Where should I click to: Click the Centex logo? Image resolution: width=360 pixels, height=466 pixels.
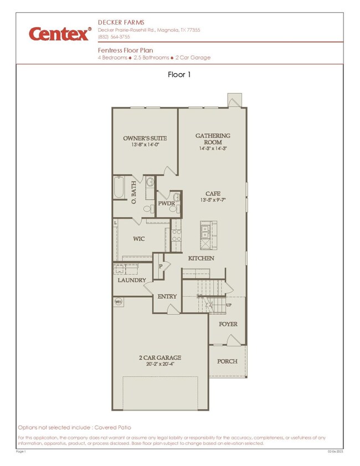tap(59, 34)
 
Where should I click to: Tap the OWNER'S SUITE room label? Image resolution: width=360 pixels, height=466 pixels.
tap(145, 138)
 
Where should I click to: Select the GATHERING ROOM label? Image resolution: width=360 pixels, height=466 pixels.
tap(213, 138)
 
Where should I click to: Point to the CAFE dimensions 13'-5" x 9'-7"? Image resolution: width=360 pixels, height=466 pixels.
tap(213, 200)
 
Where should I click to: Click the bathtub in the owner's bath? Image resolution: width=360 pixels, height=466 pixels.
tap(119, 188)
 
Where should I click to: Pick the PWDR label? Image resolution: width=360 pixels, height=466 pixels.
tap(167, 204)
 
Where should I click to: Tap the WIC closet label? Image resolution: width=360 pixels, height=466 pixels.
tap(138, 239)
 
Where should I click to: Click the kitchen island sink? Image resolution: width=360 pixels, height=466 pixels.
tap(205, 229)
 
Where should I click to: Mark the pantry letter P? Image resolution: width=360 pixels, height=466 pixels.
tap(160, 266)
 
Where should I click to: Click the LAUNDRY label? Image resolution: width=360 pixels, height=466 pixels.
tap(132, 281)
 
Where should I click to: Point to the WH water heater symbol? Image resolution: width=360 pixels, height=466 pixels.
tap(117, 302)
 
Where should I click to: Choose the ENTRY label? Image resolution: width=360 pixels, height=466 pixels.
tap(167, 297)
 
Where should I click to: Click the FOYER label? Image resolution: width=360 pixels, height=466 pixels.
tap(228, 324)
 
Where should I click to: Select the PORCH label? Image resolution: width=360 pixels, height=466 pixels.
tap(227, 361)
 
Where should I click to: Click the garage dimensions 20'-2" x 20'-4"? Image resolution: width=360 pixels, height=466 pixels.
tap(160, 364)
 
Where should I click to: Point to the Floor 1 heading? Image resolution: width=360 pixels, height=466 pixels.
tap(179, 75)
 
